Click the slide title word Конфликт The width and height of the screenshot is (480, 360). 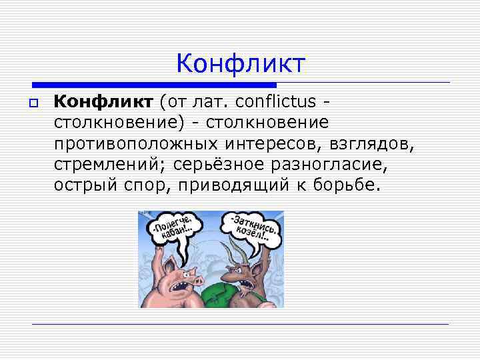click(241, 64)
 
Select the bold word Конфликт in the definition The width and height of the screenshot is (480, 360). click(103, 101)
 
